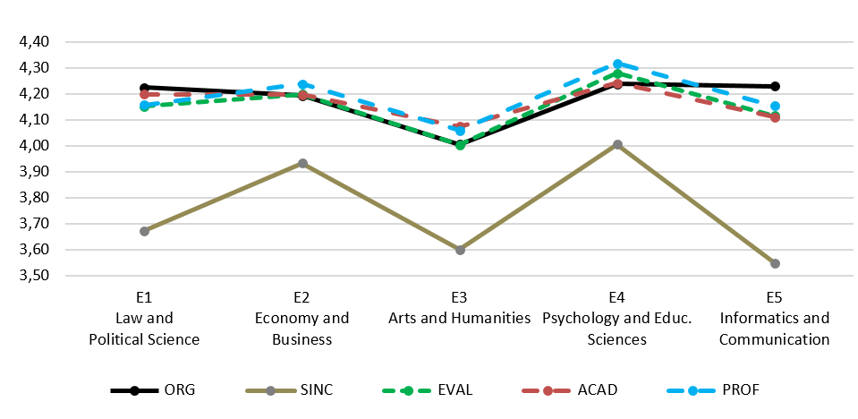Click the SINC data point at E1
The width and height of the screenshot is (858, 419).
coord(144,231)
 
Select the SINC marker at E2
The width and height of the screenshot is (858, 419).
coord(302,164)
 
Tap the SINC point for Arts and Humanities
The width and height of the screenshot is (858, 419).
coord(460,250)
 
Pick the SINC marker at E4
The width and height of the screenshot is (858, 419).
coord(617,144)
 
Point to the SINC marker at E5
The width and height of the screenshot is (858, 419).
coord(775,263)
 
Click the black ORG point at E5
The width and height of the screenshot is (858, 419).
coord(775,86)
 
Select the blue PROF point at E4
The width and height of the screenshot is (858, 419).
coord(617,64)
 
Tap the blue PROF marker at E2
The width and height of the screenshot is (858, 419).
coord(302,85)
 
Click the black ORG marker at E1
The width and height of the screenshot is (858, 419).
coord(144,88)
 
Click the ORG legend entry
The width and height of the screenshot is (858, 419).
coord(152,390)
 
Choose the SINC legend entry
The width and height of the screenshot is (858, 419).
coord(286,390)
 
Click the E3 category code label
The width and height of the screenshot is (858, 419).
coord(460,297)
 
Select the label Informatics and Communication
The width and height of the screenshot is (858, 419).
coord(775,329)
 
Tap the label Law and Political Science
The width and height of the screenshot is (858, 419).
coord(144,329)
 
